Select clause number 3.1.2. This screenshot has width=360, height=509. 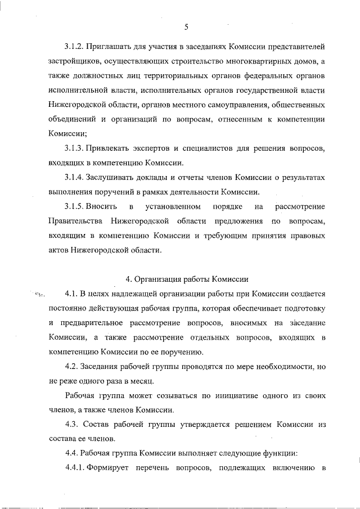(74, 45)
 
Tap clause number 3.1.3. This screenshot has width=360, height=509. (74, 148)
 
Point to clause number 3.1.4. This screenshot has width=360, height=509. (74, 177)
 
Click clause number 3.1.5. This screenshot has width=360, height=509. (75, 206)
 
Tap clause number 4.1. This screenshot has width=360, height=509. (71, 294)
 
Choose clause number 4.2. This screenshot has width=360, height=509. (71, 367)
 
